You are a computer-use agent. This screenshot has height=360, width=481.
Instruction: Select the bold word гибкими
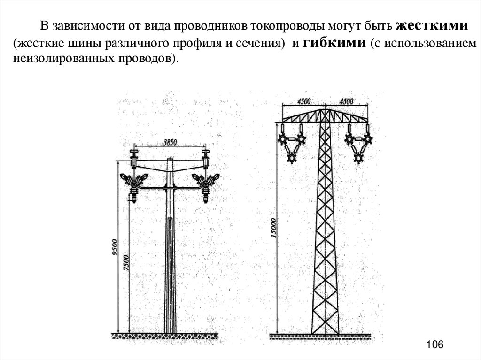pos(334,43)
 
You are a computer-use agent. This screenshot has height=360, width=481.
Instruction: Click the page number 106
pos(435,345)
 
